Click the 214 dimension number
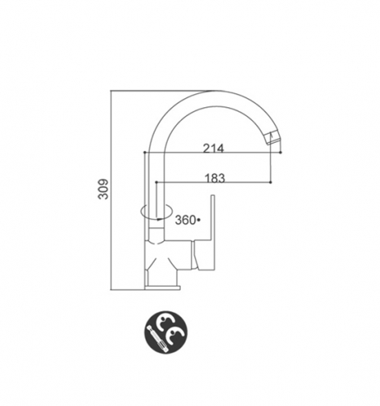point(213,148)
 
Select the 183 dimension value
point(215,178)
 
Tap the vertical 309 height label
point(103,189)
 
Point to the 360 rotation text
point(186,220)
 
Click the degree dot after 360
point(199,220)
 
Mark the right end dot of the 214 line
point(281,153)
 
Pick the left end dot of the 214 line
point(145,153)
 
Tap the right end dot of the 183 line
point(271,183)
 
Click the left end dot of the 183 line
point(156,183)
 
